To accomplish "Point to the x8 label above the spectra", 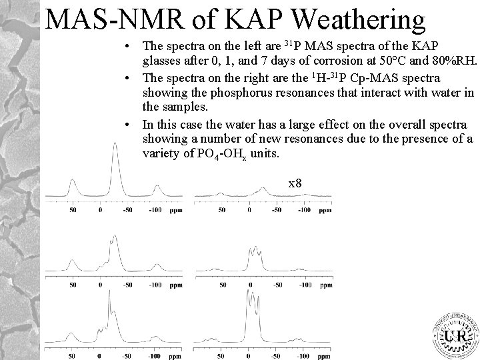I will coord(295,181).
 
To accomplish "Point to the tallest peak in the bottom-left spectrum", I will coord(108,299).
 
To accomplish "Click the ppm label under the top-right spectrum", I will coord(325,211).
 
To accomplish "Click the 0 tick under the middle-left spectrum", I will coord(100,285).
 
